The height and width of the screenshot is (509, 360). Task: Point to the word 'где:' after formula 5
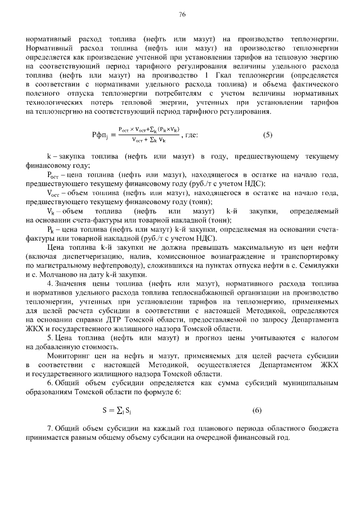point(192,135)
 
